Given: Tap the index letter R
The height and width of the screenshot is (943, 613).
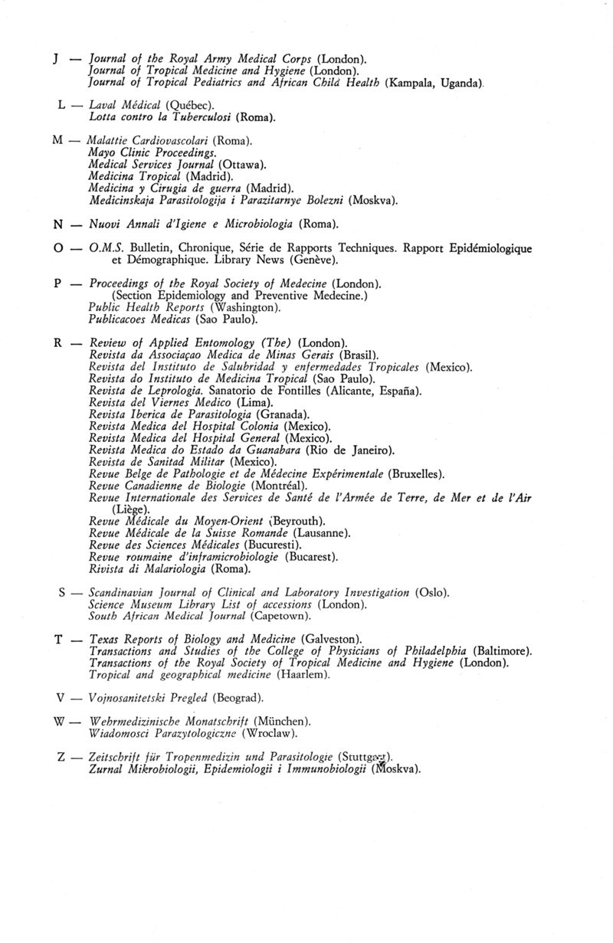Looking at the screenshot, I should pyautogui.click(x=58, y=342).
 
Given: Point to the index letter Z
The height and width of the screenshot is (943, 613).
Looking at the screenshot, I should pyautogui.click(x=61, y=758).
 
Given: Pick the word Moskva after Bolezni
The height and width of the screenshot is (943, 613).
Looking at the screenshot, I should pyautogui.click(x=373, y=201).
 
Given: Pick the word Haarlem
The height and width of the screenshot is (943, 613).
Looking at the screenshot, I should pyautogui.click(x=304, y=674).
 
